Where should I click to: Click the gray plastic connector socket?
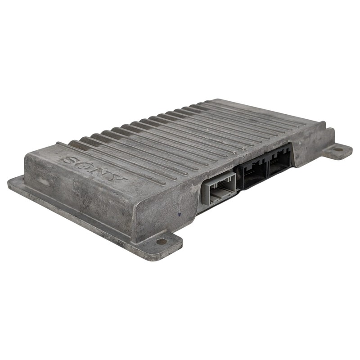click(x=219, y=189)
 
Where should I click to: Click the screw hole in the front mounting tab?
click(x=162, y=241)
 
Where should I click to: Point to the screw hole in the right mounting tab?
click(x=338, y=150)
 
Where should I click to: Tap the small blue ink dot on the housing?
click(x=179, y=215)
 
